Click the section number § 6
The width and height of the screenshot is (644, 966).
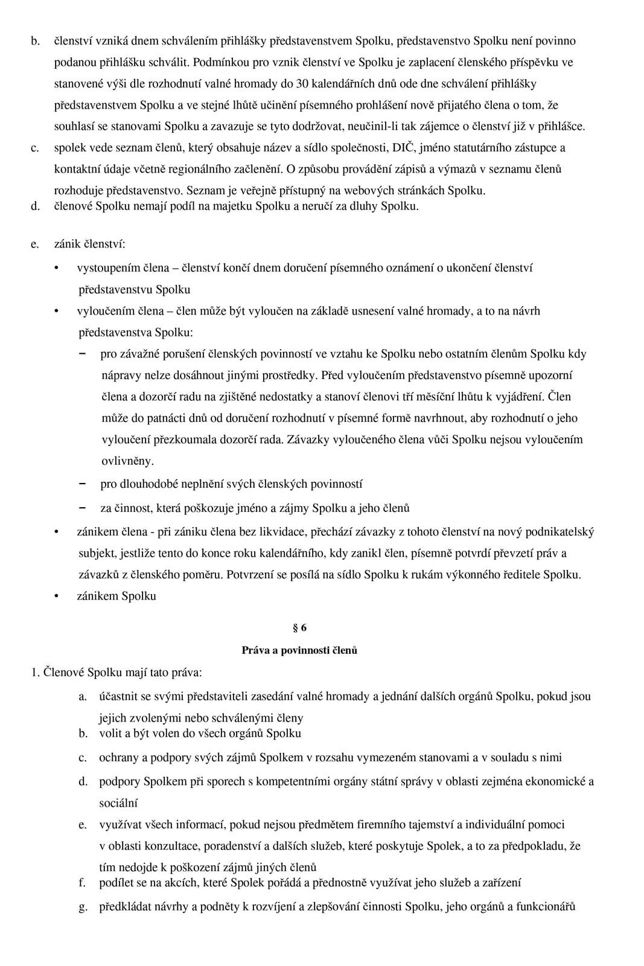tap(299, 628)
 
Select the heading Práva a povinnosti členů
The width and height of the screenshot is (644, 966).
tap(299, 650)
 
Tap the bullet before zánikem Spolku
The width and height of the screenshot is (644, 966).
tap(57, 597)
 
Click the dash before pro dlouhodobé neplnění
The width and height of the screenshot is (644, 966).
tap(82, 484)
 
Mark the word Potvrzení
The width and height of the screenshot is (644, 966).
tap(250, 575)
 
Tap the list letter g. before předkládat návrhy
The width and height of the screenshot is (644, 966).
tap(83, 907)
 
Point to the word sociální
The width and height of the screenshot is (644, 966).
tap(118, 804)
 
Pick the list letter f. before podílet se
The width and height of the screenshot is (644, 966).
tap(83, 883)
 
